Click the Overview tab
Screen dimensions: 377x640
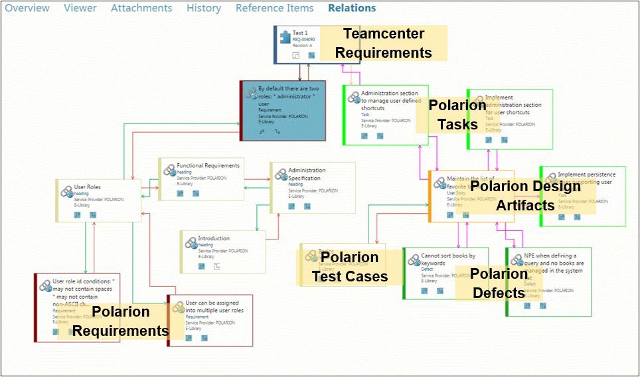pos(27,9)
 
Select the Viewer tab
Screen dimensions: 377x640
pos(80,9)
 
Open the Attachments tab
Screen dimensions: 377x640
pos(141,9)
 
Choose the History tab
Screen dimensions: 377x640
pos(204,9)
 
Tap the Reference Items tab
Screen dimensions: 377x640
pos(274,9)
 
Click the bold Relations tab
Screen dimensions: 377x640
pos(352,9)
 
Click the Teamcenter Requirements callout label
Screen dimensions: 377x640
pos(383,43)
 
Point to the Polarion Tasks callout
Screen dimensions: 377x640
pos(457,115)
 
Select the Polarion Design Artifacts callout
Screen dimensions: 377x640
pos(525,196)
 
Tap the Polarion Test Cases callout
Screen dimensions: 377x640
pos(350,267)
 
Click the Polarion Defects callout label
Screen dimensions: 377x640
pos(499,283)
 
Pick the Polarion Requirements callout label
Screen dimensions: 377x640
pos(120,321)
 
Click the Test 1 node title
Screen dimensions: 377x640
pos(299,33)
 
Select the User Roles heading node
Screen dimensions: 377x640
pos(88,188)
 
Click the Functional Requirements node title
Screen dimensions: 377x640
pos(208,166)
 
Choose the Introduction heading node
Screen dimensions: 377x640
pos(214,238)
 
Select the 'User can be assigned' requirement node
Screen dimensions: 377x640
pos(214,307)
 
